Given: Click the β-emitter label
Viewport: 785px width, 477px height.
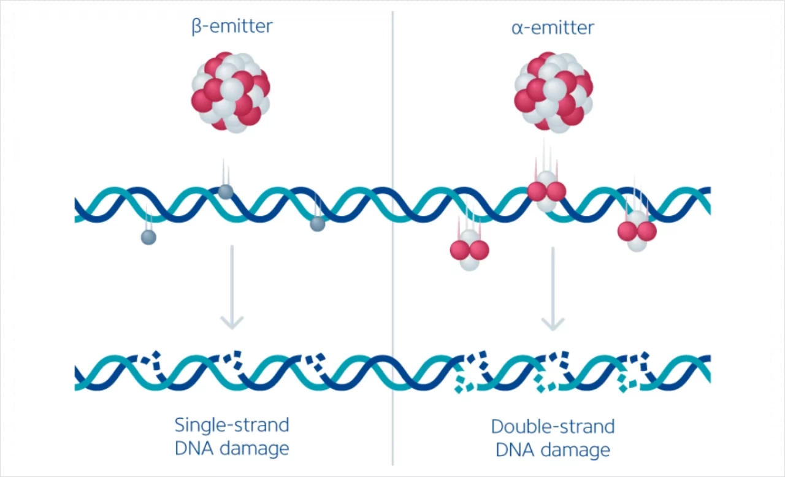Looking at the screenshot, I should (x=232, y=26).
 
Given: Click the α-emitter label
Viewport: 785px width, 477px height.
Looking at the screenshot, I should (x=553, y=28).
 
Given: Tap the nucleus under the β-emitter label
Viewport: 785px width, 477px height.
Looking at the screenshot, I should (x=231, y=92).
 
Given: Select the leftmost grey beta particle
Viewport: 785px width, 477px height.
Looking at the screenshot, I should (x=148, y=237).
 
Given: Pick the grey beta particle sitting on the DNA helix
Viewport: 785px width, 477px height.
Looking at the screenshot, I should (x=226, y=192).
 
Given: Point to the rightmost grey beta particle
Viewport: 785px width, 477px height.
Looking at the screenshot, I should (x=317, y=224).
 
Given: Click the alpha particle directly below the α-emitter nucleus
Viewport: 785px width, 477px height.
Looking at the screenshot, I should (x=546, y=191).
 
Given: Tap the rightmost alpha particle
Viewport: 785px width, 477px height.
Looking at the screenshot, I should (x=637, y=231).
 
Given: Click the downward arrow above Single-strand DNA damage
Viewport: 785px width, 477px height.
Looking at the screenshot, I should (x=232, y=288).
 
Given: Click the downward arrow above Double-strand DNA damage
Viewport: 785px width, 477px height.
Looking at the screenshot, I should (x=553, y=288).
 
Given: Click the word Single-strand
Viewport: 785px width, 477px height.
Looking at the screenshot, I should (x=232, y=425).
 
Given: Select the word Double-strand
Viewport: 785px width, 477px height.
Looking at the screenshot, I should (x=553, y=426).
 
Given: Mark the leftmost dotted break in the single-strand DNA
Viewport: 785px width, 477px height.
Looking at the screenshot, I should (x=153, y=362).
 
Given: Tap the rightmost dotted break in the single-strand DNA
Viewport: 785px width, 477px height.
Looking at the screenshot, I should (x=316, y=364).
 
